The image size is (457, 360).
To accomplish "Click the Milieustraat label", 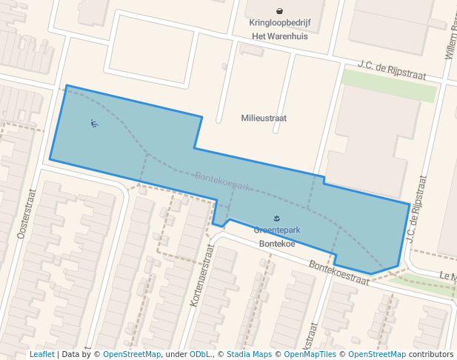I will pyautogui.click(x=264, y=118).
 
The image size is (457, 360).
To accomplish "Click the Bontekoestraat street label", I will pyautogui.click(x=338, y=272).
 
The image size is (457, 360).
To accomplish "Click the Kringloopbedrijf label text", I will pyautogui.click(x=280, y=23).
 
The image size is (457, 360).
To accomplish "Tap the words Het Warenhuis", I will pyautogui.click(x=280, y=36).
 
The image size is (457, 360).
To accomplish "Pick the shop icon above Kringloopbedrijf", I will pyautogui.click(x=280, y=10).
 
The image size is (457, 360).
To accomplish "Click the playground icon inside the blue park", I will pyautogui.click(x=94, y=124).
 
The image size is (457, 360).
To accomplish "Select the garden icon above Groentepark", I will pyautogui.click(x=276, y=219).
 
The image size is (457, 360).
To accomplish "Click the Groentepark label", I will pyautogui.click(x=276, y=230).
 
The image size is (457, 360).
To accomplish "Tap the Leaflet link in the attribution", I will pyautogui.click(x=42, y=354).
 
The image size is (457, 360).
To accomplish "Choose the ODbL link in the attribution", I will pyautogui.click(x=200, y=354).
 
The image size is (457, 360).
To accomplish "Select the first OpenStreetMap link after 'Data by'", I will pyautogui.click(x=132, y=354).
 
